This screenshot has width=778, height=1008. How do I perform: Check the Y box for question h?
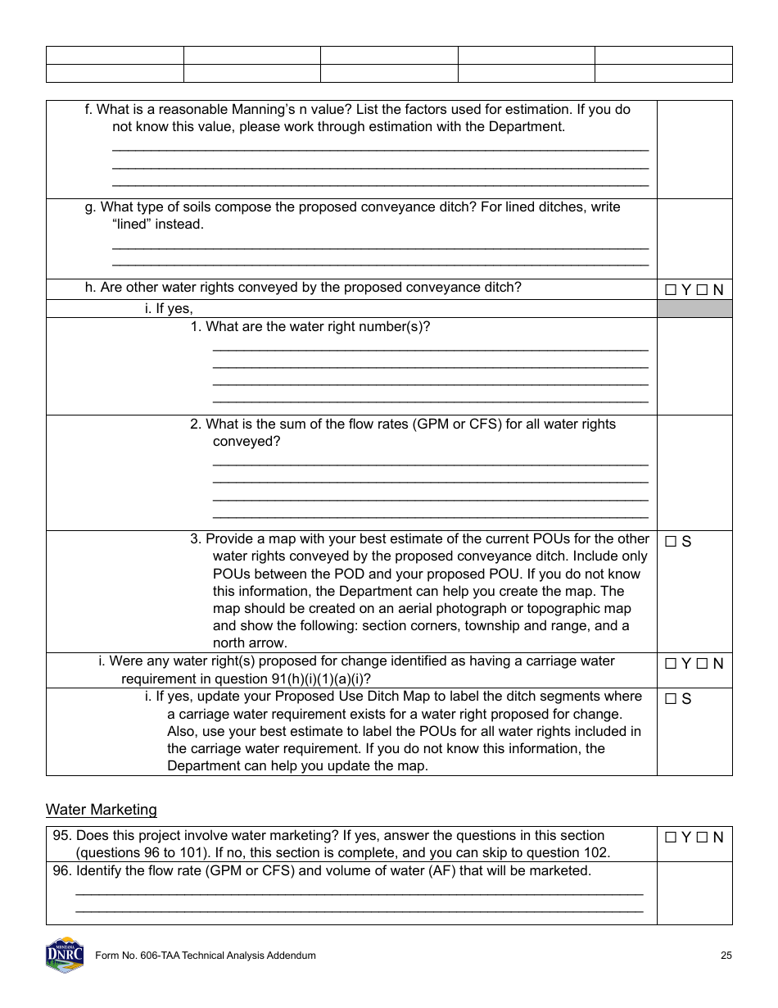pos(671,289)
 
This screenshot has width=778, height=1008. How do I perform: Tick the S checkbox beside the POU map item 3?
pos(671,542)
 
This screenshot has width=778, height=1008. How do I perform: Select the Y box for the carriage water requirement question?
pos(671,664)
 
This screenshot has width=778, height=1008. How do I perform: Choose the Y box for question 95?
pos(671,838)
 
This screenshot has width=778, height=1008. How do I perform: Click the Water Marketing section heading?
pos(101,810)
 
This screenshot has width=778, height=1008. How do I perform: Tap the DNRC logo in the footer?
pos(65,955)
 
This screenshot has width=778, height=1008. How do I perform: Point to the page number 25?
pos(726,956)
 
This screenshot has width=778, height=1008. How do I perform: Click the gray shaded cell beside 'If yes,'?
pos(694,309)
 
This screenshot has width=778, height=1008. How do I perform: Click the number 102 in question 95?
pos(599,852)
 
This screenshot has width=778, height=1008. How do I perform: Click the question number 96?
pos(62,870)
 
